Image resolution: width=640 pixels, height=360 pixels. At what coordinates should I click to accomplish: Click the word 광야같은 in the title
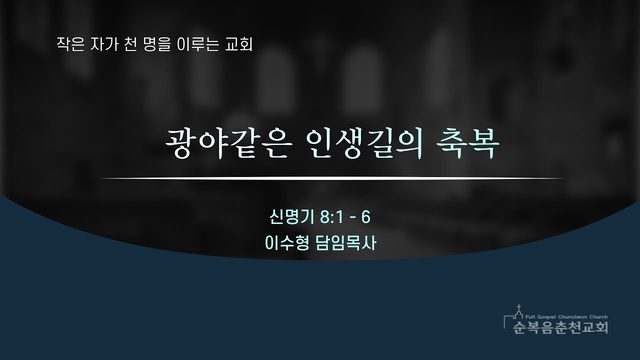pyautogui.click(x=228, y=143)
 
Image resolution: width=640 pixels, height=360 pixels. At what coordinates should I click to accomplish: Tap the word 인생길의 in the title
pyautogui.click(x=364, y=143)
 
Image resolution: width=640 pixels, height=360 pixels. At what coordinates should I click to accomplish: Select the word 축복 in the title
pyautogui.click(x=468, y=143)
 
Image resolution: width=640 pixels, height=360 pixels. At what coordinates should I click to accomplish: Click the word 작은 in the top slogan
pyautogui.click(x=70, y=44)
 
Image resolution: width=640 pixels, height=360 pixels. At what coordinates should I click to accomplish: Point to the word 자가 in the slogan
pyautogui.click(x=104, y=44)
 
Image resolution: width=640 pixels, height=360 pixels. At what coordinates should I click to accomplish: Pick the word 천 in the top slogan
pyautogui.click(x=130, y=44)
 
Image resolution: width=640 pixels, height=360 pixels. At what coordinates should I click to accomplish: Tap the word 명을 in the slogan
pyautogui.click(x=157, y=44)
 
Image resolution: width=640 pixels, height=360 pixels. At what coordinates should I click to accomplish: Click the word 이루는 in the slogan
pyautogui.click(x=198, y=44)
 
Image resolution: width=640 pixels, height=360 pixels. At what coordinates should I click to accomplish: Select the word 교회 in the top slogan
pyautogui.click(x=239, y=44)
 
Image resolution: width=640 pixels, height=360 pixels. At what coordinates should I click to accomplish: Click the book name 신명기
pyautogui.click(x=292, y=217)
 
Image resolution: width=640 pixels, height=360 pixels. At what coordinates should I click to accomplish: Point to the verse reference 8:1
pyautogui.click(x=332, y=217)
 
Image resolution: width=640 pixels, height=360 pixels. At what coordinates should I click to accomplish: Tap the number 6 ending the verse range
pyautogui.click(x=366, y=217)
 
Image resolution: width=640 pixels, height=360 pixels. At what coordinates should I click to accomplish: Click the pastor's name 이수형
pyautogui.click(x=287, y=243)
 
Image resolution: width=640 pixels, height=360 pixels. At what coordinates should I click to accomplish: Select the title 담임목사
pyautogui.click(x=346, y=243)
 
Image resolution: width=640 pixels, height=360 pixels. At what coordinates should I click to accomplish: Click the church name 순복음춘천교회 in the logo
pyautogui.click(x=561, y=327)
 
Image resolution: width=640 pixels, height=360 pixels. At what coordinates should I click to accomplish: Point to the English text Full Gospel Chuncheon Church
pyautogui.click(x=567, y=317)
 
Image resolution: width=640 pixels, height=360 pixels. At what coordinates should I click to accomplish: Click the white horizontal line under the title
pyautogui.click(x=333, y=178)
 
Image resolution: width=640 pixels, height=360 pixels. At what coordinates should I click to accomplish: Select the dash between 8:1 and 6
pyautogui.click(x=353, y=218)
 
